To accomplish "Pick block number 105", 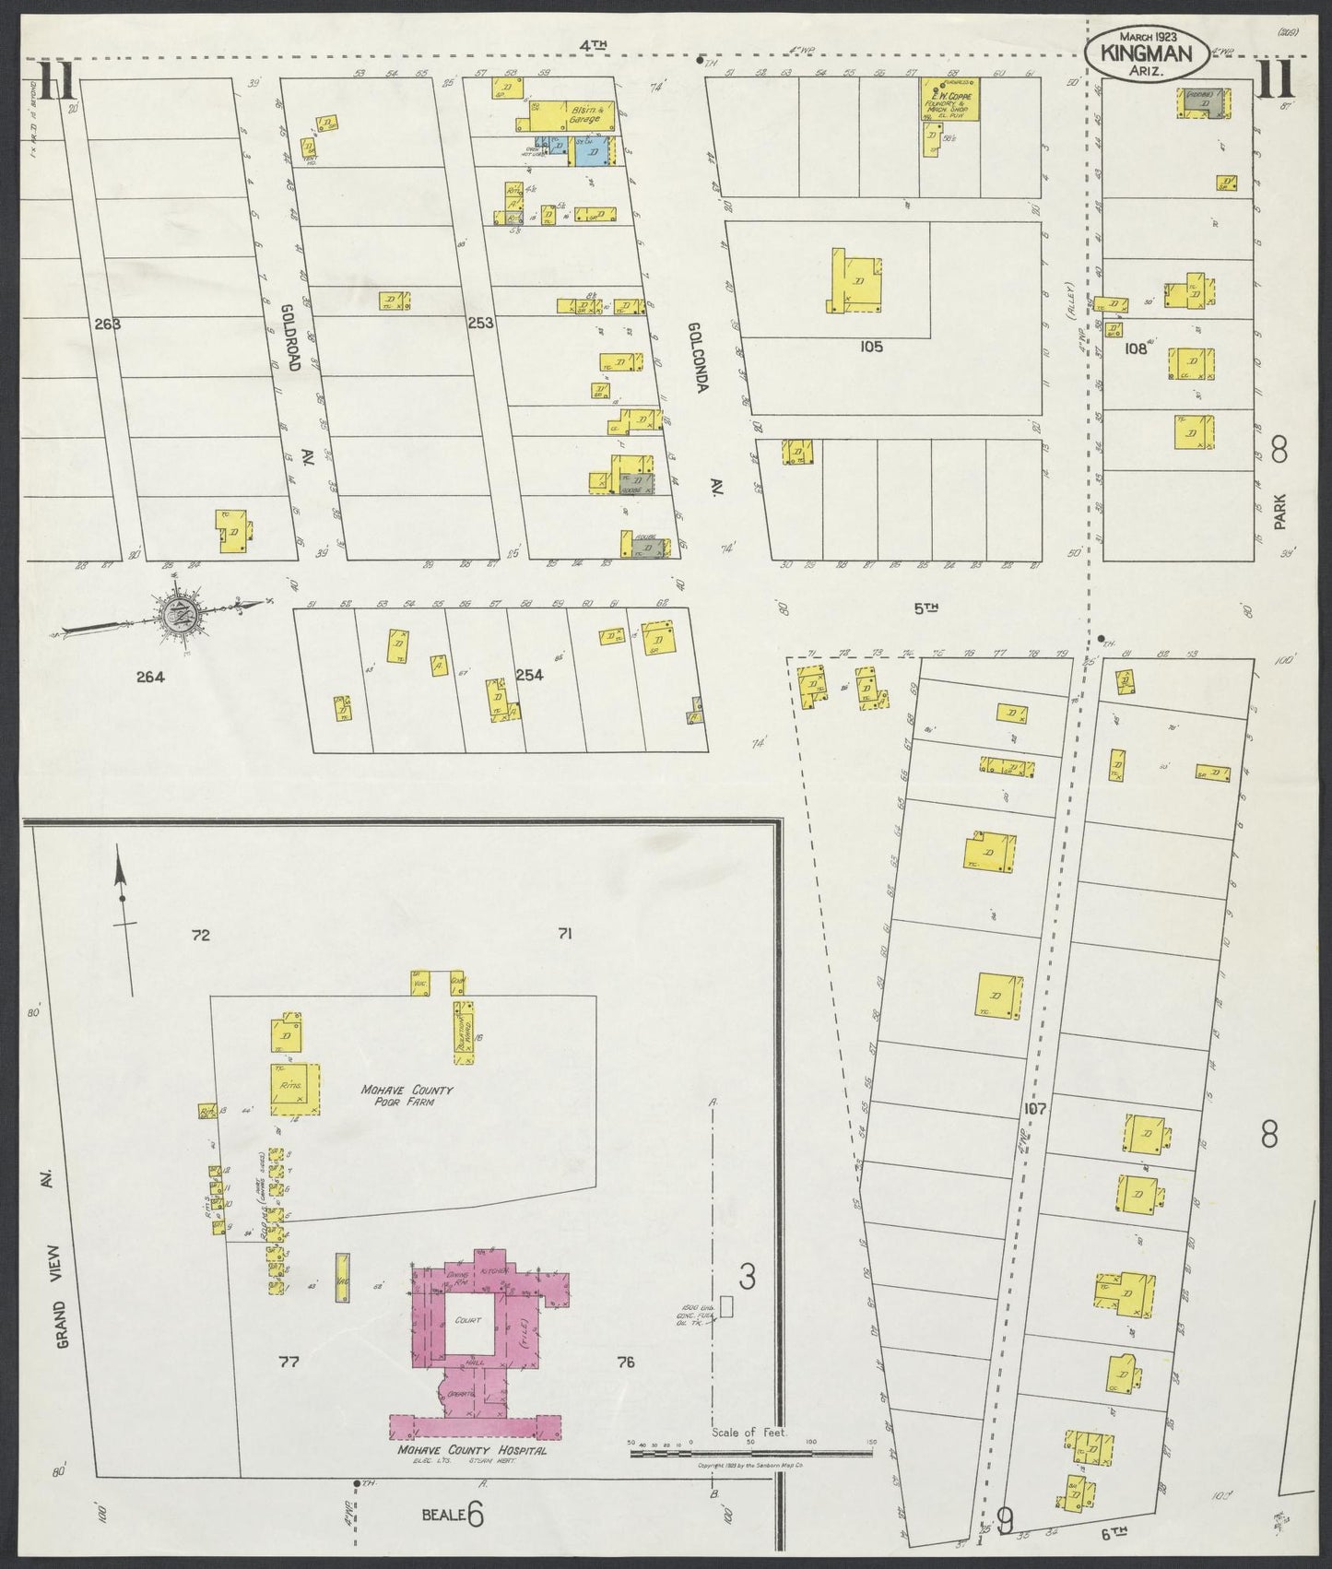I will [x=870, y=347].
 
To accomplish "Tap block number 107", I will [x=1034, y=1109].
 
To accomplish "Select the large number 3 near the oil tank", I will [x=748, y=1276].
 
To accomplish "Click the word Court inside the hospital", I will [x=468, y=1319].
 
